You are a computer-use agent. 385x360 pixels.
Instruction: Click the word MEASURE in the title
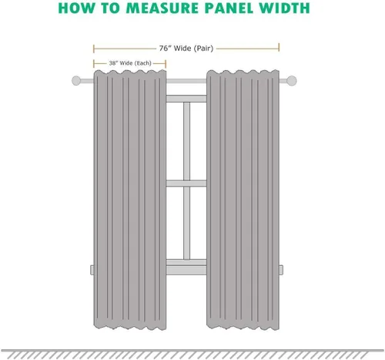click(163, 8)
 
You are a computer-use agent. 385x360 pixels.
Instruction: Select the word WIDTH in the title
click(284, 8)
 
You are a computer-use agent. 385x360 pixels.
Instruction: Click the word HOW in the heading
click(76, 8)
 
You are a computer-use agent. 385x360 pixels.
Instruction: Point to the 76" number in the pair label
click(165, 49)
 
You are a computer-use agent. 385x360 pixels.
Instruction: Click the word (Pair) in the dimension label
click(203, 49)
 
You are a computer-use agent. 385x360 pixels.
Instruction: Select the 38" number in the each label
click(113, 63)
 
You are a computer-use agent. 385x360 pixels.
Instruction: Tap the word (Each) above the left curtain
click(143, 63)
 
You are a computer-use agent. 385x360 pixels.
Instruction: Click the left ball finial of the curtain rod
click(76, 81)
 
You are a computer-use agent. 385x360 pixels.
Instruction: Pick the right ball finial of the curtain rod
click(292, 81)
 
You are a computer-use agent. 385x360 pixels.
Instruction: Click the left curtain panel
click(130, 200)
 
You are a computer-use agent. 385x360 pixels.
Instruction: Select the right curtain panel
click(243, 200)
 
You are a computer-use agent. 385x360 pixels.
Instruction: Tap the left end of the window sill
click(92, 270)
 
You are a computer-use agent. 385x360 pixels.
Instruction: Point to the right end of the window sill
click(281, 270)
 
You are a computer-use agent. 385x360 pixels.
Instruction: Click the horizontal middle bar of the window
click(186, 183)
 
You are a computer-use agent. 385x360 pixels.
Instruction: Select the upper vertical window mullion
click(186, 141)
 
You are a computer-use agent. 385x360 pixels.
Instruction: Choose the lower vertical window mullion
click(186, 223)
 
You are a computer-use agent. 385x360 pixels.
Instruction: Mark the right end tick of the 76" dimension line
click(279, 48)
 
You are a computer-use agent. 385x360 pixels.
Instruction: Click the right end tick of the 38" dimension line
click(166, 63)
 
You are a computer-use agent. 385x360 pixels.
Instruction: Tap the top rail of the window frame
click(186, 99)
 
